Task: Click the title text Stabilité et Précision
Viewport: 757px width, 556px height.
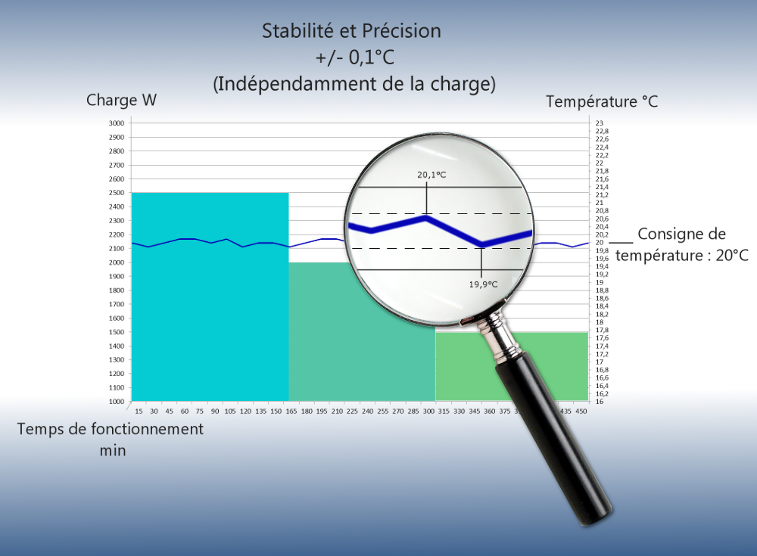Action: (351, 31)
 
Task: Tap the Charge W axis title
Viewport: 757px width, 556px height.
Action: (121, 100)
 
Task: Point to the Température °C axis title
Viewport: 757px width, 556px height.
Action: (602, 101)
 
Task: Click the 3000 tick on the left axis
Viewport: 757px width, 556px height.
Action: (116, 123)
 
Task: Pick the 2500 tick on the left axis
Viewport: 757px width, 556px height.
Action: (116, 193)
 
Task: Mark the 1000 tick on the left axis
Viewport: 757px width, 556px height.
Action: (116, 402)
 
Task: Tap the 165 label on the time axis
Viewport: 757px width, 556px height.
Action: (291, 412)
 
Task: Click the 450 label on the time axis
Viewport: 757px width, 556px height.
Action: (581, 412)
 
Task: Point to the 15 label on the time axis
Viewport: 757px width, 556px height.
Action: (139, 412)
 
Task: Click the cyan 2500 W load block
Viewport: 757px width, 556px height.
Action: (210, 318)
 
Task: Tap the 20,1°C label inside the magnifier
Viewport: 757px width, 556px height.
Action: (431, 175)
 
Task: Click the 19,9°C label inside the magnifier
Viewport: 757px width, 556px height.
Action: (483, 284)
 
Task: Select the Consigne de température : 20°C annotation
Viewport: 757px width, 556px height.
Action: (681, 244)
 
